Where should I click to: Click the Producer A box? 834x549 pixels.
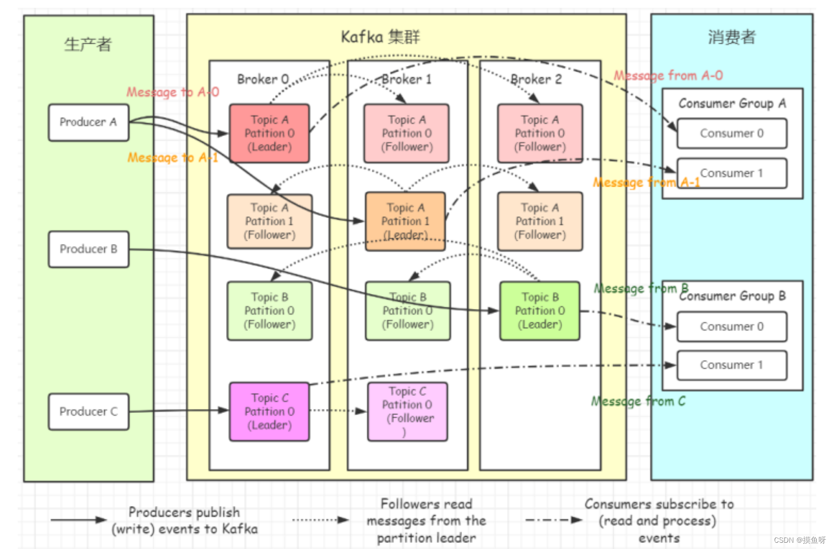(89, 123)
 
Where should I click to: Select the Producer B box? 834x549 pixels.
(89, 249)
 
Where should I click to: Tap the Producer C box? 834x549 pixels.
(89, 412)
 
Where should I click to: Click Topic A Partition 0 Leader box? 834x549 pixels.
(269, 133)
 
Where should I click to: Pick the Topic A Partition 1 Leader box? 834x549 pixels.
(405, 222)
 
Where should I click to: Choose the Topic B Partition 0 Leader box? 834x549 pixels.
(540, 311)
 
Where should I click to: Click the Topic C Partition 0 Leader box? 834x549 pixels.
(269, 411)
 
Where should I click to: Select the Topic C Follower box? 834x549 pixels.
(408, 411)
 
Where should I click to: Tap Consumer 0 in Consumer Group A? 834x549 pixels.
(731, 133)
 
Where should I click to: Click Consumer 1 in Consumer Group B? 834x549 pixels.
(731, 365)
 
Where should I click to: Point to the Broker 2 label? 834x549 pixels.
(536, 79)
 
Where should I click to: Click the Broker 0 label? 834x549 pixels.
(263, 79)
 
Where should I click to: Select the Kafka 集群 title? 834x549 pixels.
(380, 37)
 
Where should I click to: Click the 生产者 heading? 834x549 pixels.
(88, 44)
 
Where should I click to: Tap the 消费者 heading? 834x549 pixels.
(731, 37)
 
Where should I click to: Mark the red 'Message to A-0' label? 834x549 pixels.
(172, 92)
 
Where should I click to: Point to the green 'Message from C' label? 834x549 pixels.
(638, 401)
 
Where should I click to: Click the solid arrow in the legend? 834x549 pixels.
(78, 520)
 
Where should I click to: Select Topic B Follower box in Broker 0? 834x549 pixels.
(269, 311)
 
